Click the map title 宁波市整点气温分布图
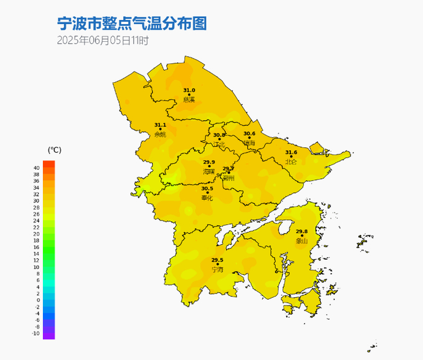[132, 24]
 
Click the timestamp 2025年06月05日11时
[103, 41]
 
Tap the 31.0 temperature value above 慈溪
[189, 90]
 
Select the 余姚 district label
[160, 134]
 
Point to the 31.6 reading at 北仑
[291, 153]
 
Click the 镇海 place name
[250, 143]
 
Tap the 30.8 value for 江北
[218, 135]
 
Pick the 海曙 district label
[208, 172]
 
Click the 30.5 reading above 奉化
[207, 188]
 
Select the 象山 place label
[302, 240]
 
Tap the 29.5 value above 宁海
[217, 260]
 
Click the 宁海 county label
[217, 269]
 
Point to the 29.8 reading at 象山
[302, 231]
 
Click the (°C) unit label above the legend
[54, 149]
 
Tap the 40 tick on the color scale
[37, 168]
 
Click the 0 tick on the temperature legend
[39, 300]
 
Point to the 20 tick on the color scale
[37, 234]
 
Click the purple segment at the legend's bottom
[49, 333]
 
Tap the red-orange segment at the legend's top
[49, 164]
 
